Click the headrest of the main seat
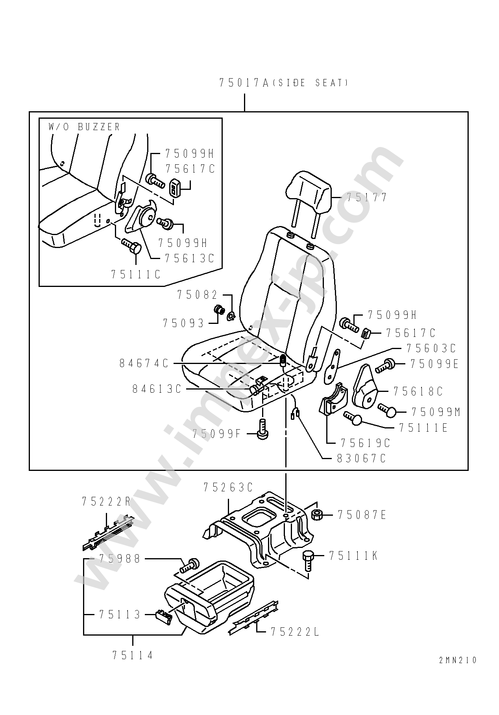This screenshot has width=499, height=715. pyautogui.click(x=309, y=193)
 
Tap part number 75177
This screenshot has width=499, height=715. pyautogui.click(x=367, y=197)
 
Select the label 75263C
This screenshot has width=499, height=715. pyautogui.click(x=228, y=487)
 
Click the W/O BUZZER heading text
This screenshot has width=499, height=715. pyautogui.click(x=84, y=127)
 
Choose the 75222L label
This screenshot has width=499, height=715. pyautogui.click(x=295, y=632)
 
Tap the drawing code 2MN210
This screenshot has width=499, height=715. pyautogui.click(x=458, y=660)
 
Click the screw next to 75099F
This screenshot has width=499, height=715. pyautogui.click(x=262, y=429)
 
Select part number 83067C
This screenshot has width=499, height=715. pyautogui.click(x=361, y=458)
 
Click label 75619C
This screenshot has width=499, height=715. pyautogui.click(x=365, y=443)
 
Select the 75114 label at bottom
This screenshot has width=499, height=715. pyautogui.click(x=133, y=655)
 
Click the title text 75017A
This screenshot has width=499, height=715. pyautogui.click(x=243, y=83)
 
